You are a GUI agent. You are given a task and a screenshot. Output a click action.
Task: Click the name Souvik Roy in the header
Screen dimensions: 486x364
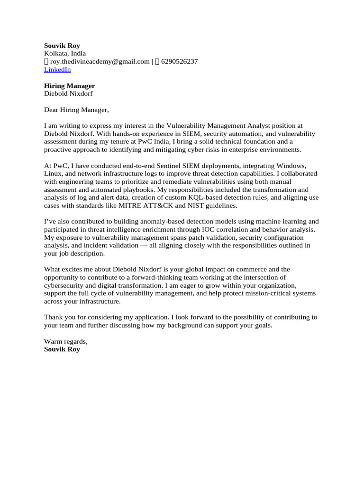(x=62, y=46)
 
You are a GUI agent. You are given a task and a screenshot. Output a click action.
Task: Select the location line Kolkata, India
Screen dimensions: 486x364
(x=65, y=54)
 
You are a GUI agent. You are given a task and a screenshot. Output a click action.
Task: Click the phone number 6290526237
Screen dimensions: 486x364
(x=180, y=62)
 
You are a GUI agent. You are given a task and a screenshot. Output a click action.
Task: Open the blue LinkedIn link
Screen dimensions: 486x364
(x=57, y=70)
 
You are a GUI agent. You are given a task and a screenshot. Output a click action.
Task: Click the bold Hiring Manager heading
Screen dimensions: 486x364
(x=69, y=86)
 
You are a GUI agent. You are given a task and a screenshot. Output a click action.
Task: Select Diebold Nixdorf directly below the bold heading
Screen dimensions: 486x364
(x=68, y=94)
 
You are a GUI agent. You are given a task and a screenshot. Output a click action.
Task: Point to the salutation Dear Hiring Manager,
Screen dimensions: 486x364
(x=76, y=110)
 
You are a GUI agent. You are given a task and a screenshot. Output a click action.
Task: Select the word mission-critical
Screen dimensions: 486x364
(x=263, y=294)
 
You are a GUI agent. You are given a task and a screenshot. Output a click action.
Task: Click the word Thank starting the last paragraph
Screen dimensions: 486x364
(x=54, y=318)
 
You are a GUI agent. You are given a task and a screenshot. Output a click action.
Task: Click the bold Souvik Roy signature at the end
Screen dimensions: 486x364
(x=62, y=349)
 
